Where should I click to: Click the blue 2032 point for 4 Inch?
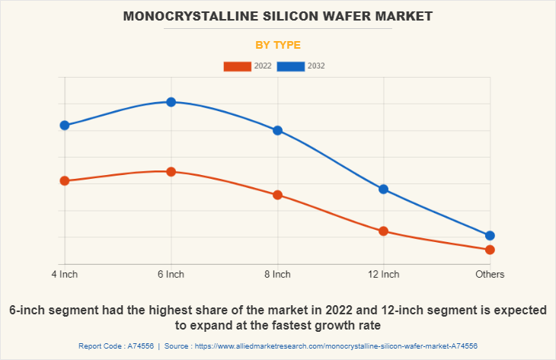65,126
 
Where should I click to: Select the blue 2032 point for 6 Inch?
171,102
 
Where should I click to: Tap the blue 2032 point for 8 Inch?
277,130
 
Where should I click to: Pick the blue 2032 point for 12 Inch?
384,189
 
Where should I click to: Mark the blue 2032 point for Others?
490,236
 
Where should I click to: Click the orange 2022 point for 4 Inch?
65,181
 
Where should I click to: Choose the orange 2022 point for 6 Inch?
171,172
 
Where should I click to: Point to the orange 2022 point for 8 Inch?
277,195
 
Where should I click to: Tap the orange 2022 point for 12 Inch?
384,231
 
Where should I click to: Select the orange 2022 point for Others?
490,250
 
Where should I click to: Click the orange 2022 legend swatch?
237,66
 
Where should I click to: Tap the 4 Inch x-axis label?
65,274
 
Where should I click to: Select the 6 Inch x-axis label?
171,274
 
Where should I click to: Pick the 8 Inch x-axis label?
277,274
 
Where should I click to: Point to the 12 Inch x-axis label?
384,274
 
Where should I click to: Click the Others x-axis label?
490,274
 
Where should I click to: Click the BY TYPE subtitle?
278,45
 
